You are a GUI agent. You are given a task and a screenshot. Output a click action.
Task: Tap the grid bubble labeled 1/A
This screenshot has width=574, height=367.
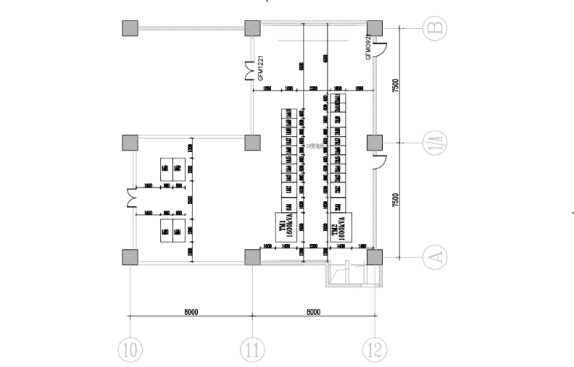coord(434,143)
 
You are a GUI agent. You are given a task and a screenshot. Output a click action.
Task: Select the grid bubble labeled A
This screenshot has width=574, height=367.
coord(434,257)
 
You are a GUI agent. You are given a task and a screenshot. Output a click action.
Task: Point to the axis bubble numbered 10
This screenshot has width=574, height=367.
coord(130,350)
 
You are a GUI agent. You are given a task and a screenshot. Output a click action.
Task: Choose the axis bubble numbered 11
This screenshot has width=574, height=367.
coord(252,350)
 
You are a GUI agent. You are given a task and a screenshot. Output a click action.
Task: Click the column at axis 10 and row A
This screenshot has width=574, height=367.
coord(130,257)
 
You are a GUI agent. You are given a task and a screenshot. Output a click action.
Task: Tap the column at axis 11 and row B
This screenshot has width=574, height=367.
coord(252,28)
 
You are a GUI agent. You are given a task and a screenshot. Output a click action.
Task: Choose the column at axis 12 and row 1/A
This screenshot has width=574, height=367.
coord(374,143)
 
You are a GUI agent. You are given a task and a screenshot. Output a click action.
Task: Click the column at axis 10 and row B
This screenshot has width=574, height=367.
coord(130,28)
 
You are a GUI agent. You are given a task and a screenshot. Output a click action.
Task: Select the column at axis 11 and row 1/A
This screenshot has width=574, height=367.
coord(252,143)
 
